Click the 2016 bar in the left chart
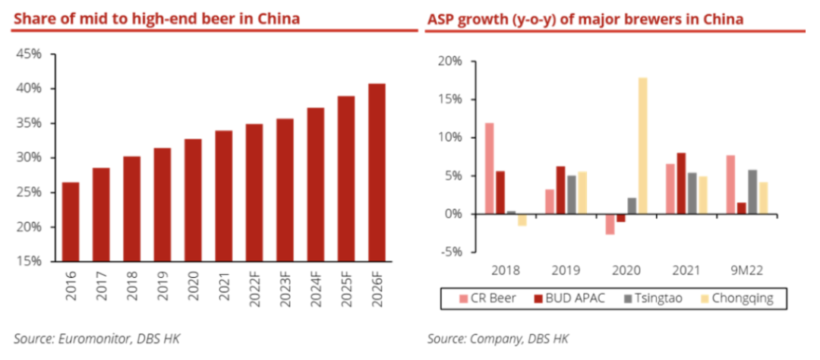pos(71,222)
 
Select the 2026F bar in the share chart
pos(376,172)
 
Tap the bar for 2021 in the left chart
pos(223,196)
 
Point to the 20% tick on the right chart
pos(449,62)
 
